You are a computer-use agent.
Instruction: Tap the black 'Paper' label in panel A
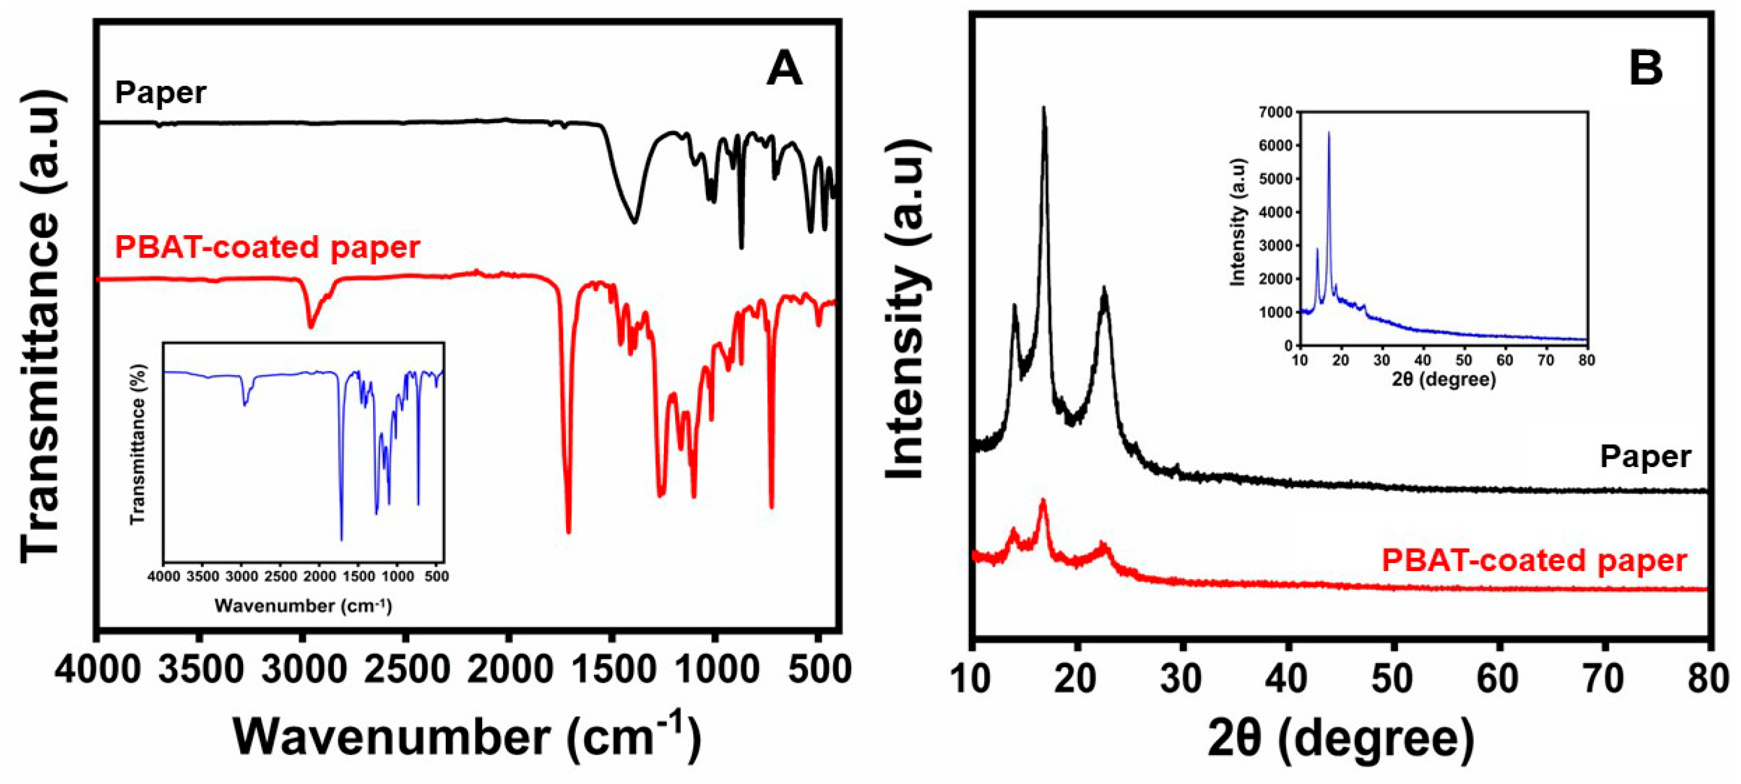click(160, 93)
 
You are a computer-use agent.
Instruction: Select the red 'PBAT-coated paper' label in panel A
click(267, 248)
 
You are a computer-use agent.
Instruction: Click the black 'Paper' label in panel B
click(1645, 458)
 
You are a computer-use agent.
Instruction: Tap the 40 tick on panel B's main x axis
click(1288, 677)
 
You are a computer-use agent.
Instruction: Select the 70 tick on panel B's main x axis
click(1604, 677)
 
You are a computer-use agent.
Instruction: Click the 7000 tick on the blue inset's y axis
click(1276, 112)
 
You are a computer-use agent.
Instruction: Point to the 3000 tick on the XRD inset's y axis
click(1276, 245)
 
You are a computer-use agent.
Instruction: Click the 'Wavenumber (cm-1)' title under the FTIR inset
click(303, 606)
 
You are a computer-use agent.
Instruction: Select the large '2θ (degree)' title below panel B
click(1340, 739)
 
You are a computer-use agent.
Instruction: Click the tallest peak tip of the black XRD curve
click(1044, 108)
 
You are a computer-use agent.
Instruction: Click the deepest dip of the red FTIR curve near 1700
click(568, 531)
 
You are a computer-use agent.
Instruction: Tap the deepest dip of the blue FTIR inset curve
click(341, 539)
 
